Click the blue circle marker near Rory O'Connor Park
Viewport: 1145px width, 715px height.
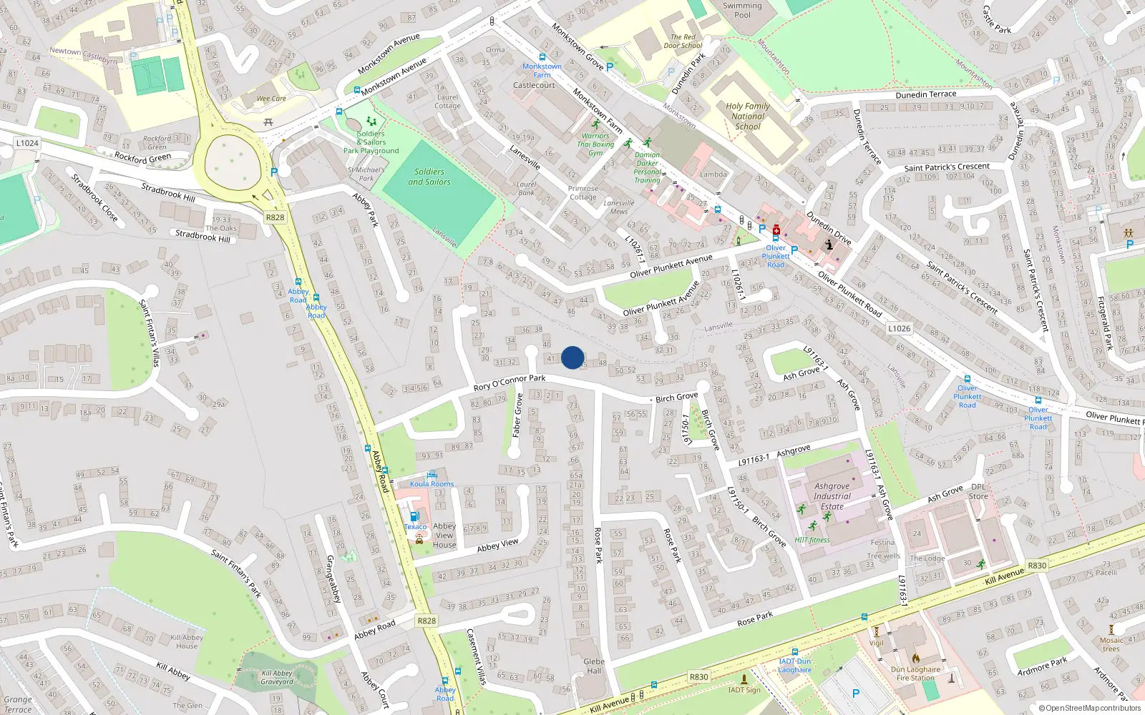click(572, 357)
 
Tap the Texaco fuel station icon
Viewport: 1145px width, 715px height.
click(414, 517)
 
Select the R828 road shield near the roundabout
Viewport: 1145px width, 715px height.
click(275, 217)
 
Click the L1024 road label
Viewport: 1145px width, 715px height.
click(27, 143)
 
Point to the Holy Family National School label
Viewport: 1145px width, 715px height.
click(748, 116)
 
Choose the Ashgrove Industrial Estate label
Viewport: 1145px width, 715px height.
click(832, 496)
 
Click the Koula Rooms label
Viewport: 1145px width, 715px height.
click(432, 484)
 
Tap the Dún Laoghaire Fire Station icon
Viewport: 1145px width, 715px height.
click(915, 658)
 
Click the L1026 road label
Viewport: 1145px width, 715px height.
click(899, 329)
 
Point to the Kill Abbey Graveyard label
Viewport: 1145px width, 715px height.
click(277, 677)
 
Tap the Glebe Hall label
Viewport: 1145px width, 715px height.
click(594, 666)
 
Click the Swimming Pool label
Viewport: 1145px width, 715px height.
click(742, 10)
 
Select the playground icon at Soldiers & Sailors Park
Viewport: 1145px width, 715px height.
click(371, 122)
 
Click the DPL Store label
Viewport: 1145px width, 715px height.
click(978, 492)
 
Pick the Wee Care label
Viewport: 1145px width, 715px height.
click(271, 99)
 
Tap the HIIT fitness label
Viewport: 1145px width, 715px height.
click(812, 540)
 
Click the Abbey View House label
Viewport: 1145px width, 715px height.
click(444, 535)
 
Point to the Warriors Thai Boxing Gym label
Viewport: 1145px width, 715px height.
click(595, 144)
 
